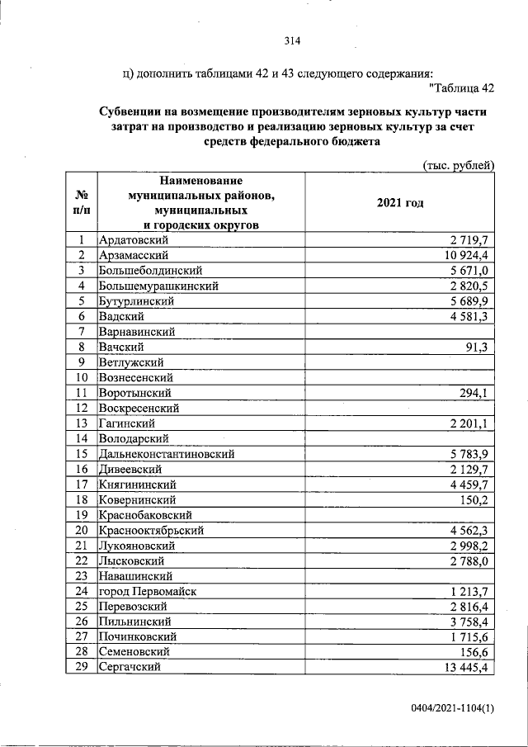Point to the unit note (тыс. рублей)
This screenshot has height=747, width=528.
pyautogui.click(x=458, y=165)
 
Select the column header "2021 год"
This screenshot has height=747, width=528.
pyautogui.click(x=399, y=203)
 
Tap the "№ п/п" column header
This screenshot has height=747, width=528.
pyautogui.click(x=81, y=203)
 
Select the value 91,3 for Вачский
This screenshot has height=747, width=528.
pyautogui.click(x=478, y=347)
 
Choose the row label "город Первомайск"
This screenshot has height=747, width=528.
pyautogui.click(x=148, y=592)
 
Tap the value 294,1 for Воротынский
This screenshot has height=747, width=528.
pyautogui.click(x=474, y=393)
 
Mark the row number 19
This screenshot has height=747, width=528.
pyautogui.click(x=81, y=515)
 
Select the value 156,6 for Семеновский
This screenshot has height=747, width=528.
pyautogui.click(x=474, y=653)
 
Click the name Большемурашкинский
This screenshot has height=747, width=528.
pyautogui.click(x=158, y=286)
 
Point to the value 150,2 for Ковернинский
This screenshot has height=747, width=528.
pyautogui.click(x=474, y=500)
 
